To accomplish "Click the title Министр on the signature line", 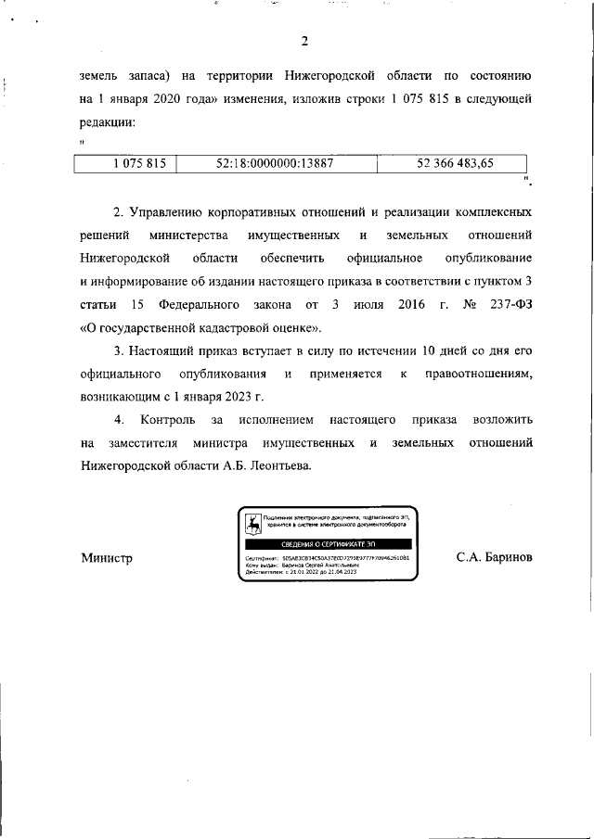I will pyautogui.click(x=107, y=558).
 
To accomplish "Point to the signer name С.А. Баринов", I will pyautogui.click(x=494, y=558).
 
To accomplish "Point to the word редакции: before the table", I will pyautogui.click(x=109, y=121).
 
